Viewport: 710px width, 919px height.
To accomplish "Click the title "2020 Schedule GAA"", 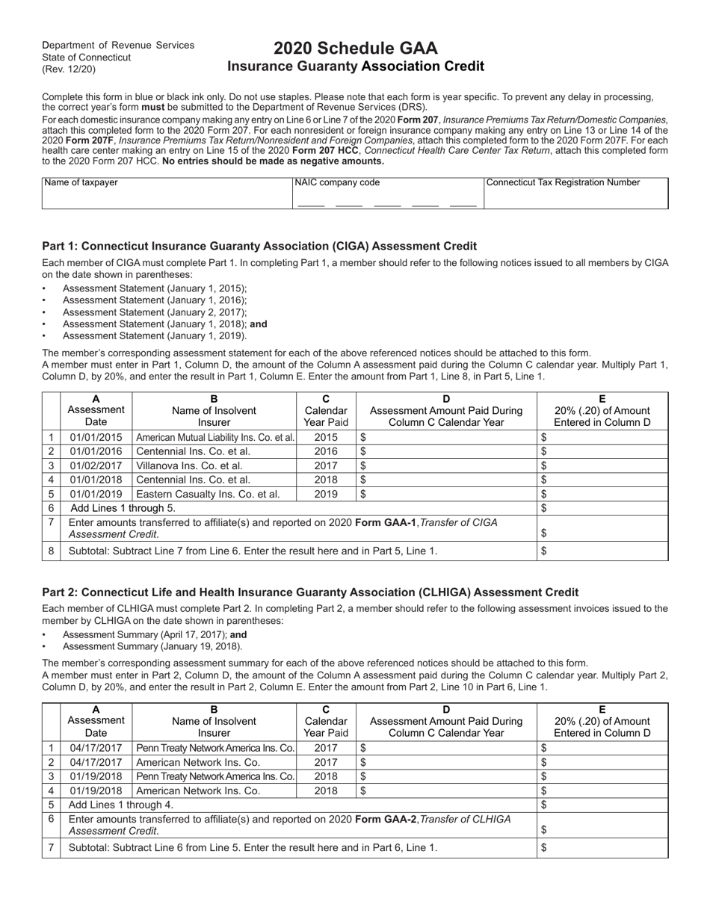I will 355,49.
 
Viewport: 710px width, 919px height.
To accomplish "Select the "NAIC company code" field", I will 387,197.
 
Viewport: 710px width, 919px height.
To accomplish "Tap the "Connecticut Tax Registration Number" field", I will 575,197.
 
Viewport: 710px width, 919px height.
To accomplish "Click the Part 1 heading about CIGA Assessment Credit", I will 259,246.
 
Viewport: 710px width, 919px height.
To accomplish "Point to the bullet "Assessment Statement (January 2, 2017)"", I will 155,312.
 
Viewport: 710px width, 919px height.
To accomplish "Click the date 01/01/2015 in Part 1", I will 96,437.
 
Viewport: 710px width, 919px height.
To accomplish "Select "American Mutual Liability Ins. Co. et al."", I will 214,437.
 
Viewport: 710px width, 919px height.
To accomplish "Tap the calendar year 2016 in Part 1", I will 326,451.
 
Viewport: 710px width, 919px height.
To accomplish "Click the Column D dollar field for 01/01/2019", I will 446,494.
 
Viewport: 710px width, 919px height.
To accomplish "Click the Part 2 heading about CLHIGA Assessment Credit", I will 310,592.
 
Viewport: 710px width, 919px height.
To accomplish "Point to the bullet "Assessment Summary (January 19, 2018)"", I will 152,646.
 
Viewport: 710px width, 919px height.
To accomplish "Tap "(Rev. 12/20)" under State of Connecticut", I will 69,69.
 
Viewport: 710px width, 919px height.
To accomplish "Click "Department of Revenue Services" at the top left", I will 118,46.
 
